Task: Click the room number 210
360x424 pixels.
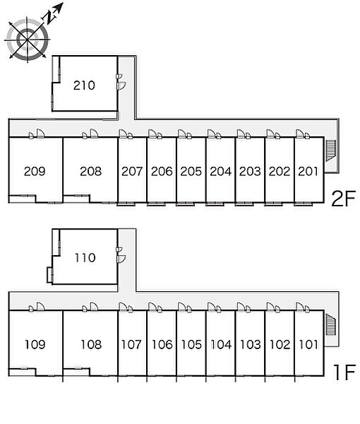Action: click(x=84, y=86)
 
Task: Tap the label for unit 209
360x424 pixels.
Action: click(x=35, y=171)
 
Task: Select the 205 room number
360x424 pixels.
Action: click(x=191, y=172)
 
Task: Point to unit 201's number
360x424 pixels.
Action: click(x=308, y=171)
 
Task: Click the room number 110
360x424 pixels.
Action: click(x=85, y=258)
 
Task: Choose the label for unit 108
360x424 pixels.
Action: click(x=91, y=345)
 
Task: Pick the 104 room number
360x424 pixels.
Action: click(x=221, y=345)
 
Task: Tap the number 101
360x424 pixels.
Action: click(x=309, y=345)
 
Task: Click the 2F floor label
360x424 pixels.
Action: click(x=344, y=199)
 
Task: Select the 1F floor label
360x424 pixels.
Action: click(x=344, y=372)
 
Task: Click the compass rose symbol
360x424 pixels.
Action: click(x=28, y=40)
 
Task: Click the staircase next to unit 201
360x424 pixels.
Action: click(x=330, y=151)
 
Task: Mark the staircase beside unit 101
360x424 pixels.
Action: click(x=330, y=324)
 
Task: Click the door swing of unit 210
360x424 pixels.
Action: click(x=122, y=86)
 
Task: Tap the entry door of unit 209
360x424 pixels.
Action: click(x=40, y=134)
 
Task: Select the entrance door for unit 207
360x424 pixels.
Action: click(x=123, y=134)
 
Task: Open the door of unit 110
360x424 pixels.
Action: click(x=121, y=259)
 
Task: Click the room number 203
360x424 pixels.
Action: click(x=250, y=172)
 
